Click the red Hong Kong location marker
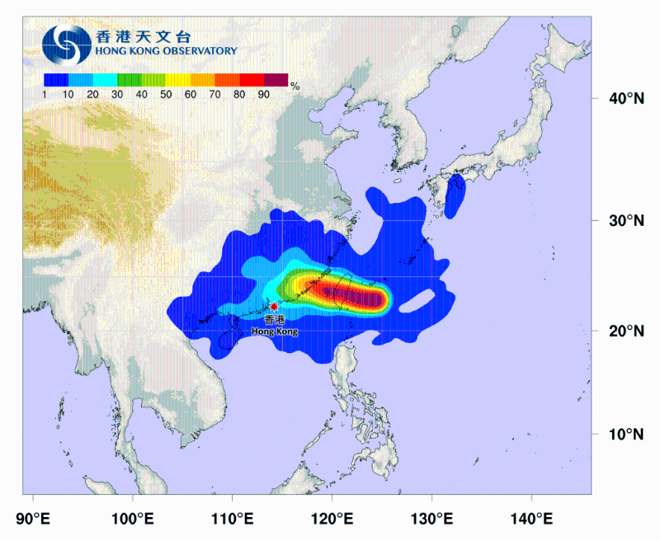274,306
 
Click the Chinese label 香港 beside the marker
275,319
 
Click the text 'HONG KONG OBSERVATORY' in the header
166,51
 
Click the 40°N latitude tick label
626,99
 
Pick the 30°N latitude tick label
626,221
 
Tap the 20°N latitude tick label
626,332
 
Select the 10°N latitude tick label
626,435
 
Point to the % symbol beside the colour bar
295,85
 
